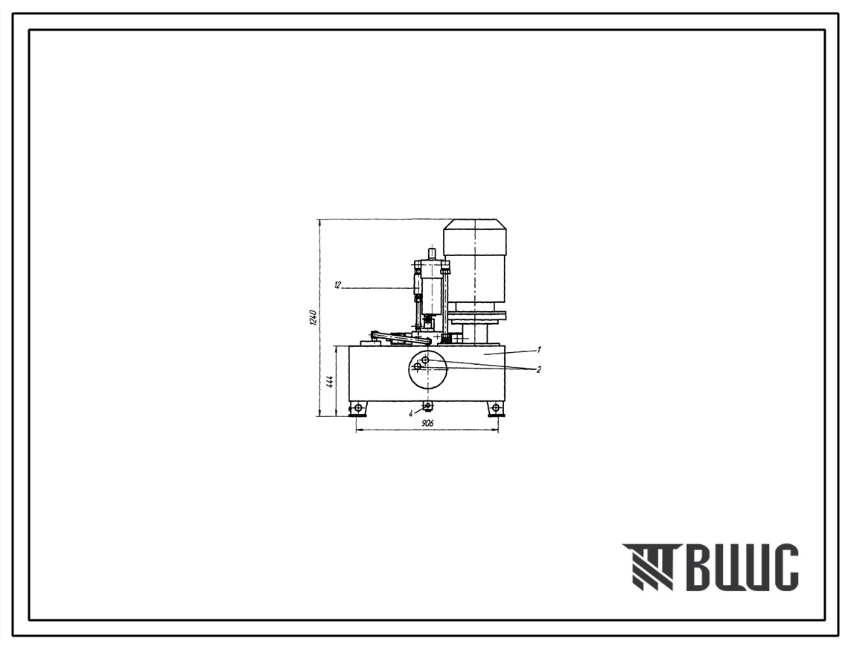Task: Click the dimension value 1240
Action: pyautogui.click(x=312, y=318)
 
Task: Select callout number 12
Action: pyautogui.click(x=337, y=285)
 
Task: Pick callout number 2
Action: pyautogui.click(x=538, y=369)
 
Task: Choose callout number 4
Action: pyautogui.click(x=411, y=413)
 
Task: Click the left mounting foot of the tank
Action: pyautogui.click(x=358, y=408)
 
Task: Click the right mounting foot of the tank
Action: pyautogui.click(x=495, y=408)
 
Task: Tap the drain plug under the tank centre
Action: pyautogui.click(x=428, y=405)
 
